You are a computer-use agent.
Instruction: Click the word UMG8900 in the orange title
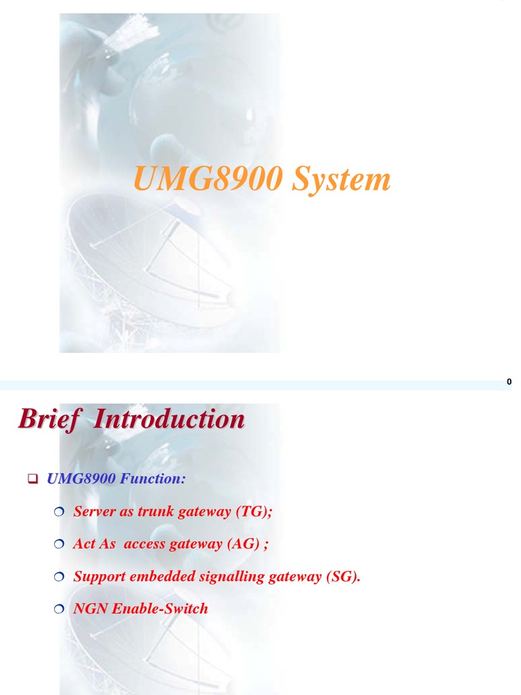tap(207, 179)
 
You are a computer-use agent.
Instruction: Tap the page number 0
tap(509, 382)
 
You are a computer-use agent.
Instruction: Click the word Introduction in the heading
tap(169, 419)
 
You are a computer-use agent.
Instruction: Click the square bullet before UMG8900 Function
tap(32, 479)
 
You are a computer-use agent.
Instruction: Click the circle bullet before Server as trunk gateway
tap(58, 512)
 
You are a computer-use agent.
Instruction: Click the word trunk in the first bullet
tap(156, 512)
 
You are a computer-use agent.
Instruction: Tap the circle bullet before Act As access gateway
tap(58, 544)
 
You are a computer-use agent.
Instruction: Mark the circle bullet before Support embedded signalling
tap(58, 577)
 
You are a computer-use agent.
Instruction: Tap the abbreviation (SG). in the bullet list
tap(343, 577)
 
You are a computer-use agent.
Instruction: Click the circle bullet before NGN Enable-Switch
tap(58, 609)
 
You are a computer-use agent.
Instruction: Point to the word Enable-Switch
tap(160, 609)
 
